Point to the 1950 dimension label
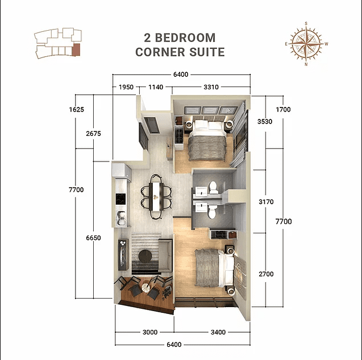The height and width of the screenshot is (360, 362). pyautogui.click(x=126, y=87)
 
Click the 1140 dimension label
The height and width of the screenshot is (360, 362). pyautogui.click(x=156, y=87)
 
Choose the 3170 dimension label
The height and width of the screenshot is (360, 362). pyautogui.click(x=265, y=201)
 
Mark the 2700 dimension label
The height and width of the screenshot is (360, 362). pyautogui.click(x=265, y=274)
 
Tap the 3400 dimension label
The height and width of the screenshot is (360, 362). pyautogui.click(x=218, y=332)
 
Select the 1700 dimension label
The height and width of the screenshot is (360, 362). pyautogui.click(x=282, y=109)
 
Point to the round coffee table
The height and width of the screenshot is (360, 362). pyautogui.click(x=145, y=258)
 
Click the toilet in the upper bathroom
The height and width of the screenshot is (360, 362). pyautogui.click(x=213, y=187)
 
